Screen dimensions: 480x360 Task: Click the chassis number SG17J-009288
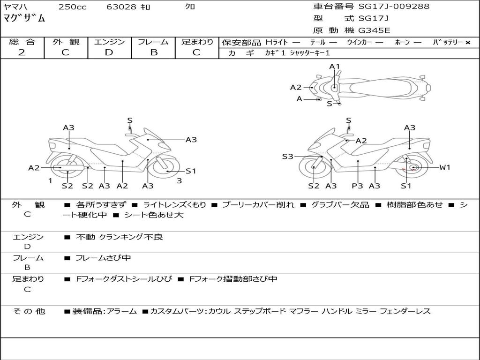[394, 7]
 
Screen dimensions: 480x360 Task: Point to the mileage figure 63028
[121, 7]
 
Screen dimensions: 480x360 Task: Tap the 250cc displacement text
[72, 7]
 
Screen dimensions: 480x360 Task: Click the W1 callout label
[444, 167]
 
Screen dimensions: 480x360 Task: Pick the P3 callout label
[358, 186]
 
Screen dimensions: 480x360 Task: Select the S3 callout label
[287, 157]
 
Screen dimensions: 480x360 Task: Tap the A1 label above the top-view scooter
[334, 67]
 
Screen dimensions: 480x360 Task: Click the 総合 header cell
[22, 42]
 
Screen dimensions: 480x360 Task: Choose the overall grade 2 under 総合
[22, 52]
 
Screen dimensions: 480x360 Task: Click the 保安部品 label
[241, 43]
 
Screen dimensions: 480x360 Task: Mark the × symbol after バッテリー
[468, 43]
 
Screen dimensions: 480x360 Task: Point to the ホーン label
[402, 43]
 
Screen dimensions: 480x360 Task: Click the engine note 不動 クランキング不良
[120, 237]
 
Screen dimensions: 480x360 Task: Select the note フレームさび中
[103, 258]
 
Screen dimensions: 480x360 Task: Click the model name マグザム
[24, 19]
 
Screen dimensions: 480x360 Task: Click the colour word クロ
[190, 7]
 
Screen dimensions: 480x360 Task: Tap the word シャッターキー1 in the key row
[310, 53]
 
